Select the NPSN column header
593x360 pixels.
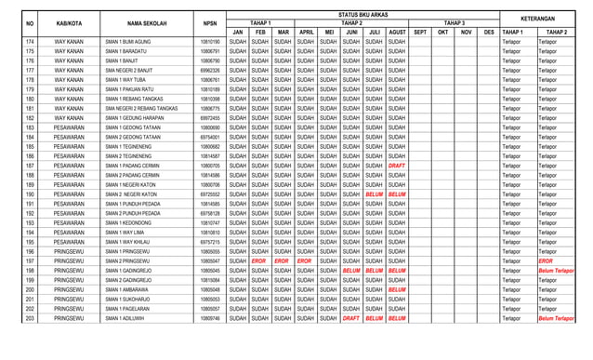(x=210, y=22)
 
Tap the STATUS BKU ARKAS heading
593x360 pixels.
(x=362, y=14)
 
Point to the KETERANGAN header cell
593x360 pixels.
(x=537, y=18)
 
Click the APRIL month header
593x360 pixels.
(x=307, y=32)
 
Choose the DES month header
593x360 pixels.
(x=489, y=32)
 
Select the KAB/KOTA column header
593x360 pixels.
(x=68, y=22)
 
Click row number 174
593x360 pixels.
(x=30, y=42)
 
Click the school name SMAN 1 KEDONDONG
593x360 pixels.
(x=127, y=223)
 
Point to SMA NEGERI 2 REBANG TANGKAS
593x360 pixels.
(x=141, y=109)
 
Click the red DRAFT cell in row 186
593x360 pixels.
(x=397, y=166)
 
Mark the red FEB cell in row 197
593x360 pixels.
(x=259, y=261)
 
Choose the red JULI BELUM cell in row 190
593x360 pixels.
(x=375, y=194)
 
